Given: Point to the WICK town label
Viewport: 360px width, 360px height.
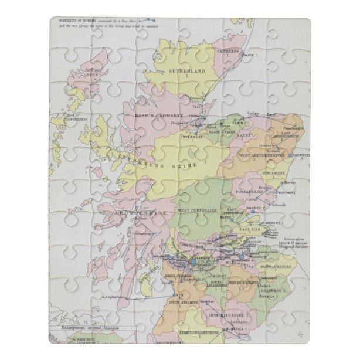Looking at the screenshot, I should click(x=252, y=55).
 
